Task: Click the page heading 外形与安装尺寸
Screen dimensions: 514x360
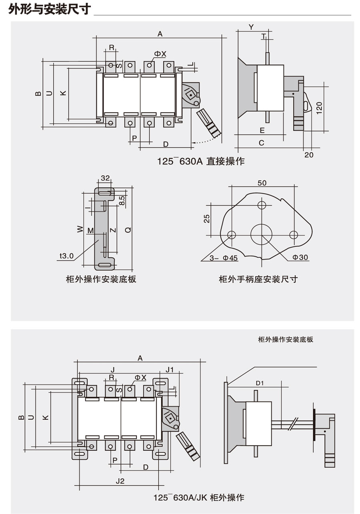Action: [x=50, y=9]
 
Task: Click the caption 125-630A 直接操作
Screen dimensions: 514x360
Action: [x=200, y=161]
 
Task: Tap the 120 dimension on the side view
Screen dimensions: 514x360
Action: [x=319, y=108]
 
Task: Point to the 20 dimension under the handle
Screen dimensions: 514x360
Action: [x=309, y=155]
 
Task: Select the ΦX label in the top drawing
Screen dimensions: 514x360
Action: [x=160, y=54]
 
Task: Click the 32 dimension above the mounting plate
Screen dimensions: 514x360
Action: [x=105, y=178]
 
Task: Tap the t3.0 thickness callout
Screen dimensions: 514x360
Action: [x=66, y=256]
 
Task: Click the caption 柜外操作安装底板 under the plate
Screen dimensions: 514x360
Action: [x=101, y=279]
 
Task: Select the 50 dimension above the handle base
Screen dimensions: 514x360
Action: [x=262, y=183]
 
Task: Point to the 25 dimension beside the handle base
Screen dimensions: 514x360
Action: [x=207, y=218]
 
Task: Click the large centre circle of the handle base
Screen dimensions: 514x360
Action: [x=262, y=234]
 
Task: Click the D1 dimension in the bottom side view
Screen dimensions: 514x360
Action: [x=260, y=383]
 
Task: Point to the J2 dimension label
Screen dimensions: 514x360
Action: [x=120, y=481]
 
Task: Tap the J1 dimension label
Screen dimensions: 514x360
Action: [x=170, y=369]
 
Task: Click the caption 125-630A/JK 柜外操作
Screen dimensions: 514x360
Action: [x=199, y=498]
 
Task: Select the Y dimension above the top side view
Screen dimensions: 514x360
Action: [x=251, y=27]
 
